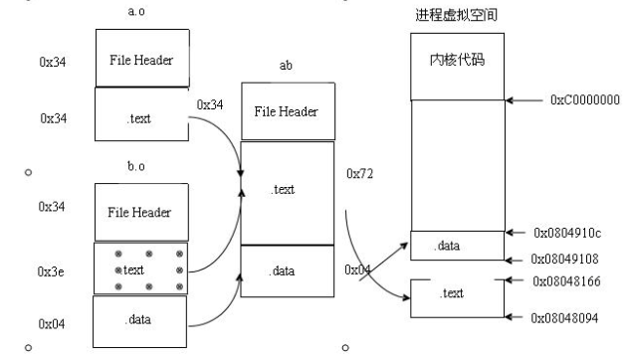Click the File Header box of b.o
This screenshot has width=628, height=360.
coord(140,212)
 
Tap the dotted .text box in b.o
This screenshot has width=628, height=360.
coord(140,269)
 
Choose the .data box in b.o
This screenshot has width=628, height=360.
coord(140,319)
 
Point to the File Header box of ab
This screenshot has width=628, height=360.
coord(288,110)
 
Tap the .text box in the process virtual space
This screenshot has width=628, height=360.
coord(454,294)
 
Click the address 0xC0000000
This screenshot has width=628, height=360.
coord(583,100)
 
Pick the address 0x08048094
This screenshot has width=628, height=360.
coord(574,316)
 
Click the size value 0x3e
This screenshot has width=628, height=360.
coord(53,269)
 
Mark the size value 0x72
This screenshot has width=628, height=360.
coord(358,174)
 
